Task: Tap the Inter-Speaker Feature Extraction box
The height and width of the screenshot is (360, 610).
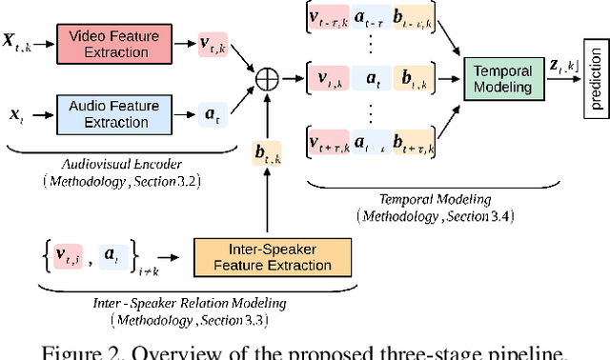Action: tap(271, 257)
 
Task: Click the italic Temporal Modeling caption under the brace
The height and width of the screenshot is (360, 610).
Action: tap(412, 200)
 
